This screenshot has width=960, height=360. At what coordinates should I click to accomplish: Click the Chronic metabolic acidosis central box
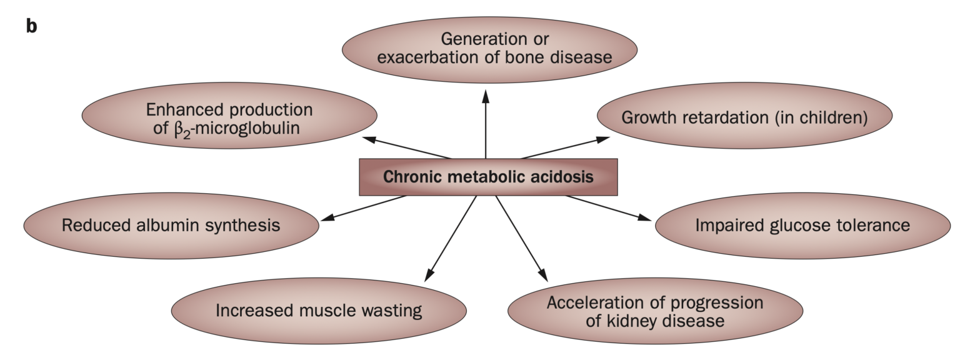(x=488, y=177)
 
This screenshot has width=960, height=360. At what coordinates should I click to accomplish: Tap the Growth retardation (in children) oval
(x=744, y=117)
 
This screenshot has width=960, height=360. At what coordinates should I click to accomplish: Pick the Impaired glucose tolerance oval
(x=802, y=225)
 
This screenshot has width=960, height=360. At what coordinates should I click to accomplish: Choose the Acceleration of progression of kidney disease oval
(x=654, y=312)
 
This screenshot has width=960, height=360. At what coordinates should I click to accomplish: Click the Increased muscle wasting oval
(x=318, y=311)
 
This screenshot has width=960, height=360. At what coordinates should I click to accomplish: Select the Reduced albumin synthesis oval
(x=171, y=225)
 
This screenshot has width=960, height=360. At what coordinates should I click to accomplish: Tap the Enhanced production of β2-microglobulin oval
(x=229, y=118)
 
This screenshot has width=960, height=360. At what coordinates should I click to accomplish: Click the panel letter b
(x=31, y=27)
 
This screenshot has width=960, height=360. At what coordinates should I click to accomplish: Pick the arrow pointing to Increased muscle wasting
(x=451, y=237)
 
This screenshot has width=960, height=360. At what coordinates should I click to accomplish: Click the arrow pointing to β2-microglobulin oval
(x=406, y=147)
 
